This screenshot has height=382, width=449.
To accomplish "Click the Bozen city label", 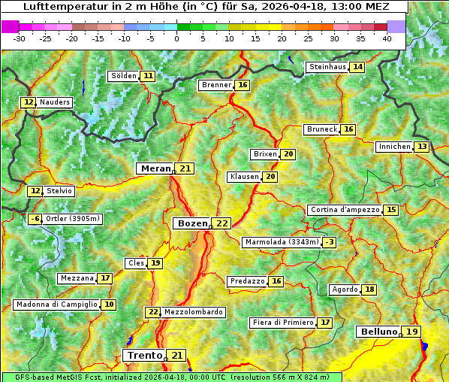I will click(191, 223).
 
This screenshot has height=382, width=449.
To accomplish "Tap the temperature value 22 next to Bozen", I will click(222, 223).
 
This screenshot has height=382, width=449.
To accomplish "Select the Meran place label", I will click(155, 168).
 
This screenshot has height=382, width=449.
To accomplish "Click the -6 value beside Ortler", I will click(35, 219).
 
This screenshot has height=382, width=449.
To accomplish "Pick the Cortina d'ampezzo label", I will click(344, 210).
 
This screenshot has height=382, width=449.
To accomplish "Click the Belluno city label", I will click(378, 332).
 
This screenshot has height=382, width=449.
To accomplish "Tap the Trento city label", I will click(145, 355).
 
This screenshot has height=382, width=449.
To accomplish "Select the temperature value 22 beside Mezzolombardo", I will click(153, 312).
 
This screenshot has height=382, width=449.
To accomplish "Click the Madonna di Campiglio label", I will click(56, 305).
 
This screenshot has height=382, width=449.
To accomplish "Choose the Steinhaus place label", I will click(327, 67).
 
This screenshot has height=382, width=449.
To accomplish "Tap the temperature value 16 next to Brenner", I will click(242, 85).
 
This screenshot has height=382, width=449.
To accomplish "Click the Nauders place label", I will click(55, 102).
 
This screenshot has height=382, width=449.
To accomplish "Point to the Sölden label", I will click(124, 76).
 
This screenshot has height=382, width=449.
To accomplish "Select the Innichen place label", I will click(394, 147).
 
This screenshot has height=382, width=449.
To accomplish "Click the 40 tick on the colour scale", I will click(387, 38).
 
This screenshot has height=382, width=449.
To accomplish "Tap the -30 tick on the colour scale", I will click(20, 38).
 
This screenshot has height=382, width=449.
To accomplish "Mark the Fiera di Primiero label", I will click(282, 323).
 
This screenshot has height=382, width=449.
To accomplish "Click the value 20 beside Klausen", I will click(270, 177).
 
